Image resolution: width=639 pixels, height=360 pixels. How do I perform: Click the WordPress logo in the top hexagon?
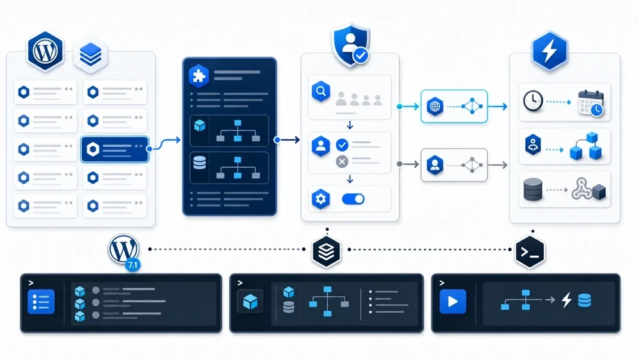pyautogui.click(x=45, y=51)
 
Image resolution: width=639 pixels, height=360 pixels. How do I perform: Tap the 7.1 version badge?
pyautogui.click(x=132, y=265)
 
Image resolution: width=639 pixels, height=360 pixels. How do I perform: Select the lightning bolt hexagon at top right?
pyautogui.click(x=550, y=51)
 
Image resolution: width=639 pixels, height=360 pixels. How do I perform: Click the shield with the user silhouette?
pyautogui.click(x=351, y=45)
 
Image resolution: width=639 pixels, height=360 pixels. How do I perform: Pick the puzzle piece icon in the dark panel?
pyautogui.click(x=199, y=76)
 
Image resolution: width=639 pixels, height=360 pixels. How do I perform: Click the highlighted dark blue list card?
pyautogui.click(x=115, y=150)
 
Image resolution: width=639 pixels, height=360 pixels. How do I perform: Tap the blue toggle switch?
pyautogui.click(x=353, y=199)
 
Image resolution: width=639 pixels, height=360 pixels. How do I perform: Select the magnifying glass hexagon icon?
pyautogui.click(x=321, y=91)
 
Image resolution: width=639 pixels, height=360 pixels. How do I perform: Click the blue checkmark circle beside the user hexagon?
pyautogui.click(x=342, y=145)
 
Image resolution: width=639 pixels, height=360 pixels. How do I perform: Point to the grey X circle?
pyautogui.click(x=342, y=162)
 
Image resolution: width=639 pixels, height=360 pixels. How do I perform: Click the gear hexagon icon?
pyautogui.click(x=321, y=199)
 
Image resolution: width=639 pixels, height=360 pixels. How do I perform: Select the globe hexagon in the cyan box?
pyautogui.click(x=435, y=106)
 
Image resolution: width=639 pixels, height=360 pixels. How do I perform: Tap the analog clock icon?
pyautogui.click(x=533, y=101)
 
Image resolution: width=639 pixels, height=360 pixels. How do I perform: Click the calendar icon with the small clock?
pyautogui.click(x=591, y=103)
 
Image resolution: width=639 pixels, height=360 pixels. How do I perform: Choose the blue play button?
pyautogui.click(x=453, y=302)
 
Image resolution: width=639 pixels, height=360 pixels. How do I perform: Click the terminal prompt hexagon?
pyautogui.click(x=530, y=252)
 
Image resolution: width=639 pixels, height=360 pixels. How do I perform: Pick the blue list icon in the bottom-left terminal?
pyautogui.click(x=41, y=302)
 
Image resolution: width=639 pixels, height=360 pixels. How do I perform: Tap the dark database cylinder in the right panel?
pyautogui.click(x=533, y=189)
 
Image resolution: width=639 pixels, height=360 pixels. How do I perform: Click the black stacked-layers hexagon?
pyautogui.click(x=327, y=251)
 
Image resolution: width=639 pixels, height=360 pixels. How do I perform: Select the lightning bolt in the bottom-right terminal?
pyautogui.click(x=566, y=300)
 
